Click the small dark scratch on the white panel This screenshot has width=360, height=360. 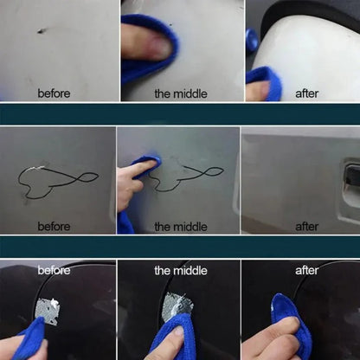click(41, 31)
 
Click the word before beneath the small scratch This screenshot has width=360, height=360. click(54, 93)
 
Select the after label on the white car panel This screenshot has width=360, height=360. click(306, 93)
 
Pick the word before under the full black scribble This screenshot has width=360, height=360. click(54, 227)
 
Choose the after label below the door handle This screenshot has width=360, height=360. click(306, 227)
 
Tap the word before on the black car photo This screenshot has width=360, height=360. click(54, 271)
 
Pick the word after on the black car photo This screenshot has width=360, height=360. click(306, 271)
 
